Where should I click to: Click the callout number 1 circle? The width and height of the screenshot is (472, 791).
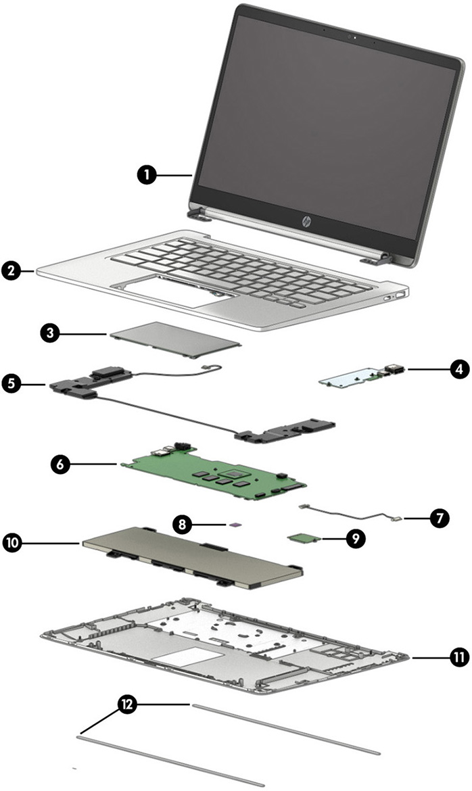(x=145, y=174)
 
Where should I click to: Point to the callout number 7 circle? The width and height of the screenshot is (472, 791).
(x=438, y=519)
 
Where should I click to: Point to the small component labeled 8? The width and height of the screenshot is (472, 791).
(x=234, y=523)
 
